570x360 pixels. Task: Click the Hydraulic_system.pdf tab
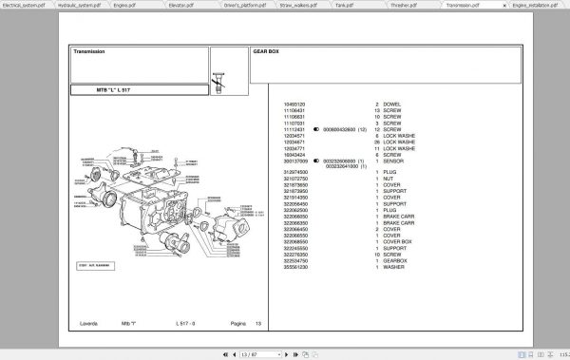79,5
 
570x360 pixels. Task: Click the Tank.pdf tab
361,5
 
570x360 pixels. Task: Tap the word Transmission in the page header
89,51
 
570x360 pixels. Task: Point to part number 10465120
295,103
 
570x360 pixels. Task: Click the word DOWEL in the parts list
394,103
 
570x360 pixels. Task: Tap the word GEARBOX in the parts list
398,261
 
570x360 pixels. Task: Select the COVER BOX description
401,241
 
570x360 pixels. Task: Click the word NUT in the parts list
390,178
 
